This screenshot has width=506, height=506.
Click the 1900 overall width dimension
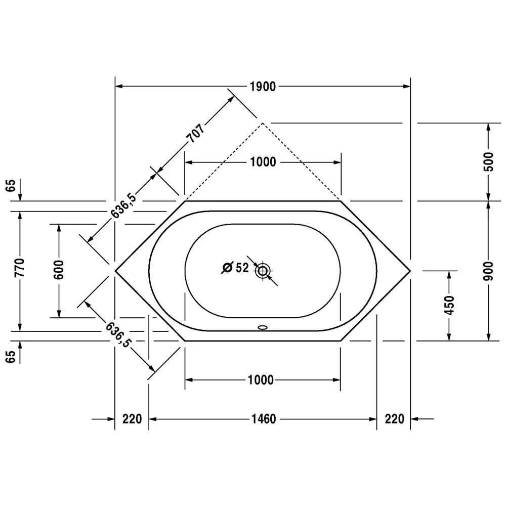263,87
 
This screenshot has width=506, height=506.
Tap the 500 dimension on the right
489,162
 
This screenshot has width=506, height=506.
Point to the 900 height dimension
489,271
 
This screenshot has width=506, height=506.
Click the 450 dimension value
449,305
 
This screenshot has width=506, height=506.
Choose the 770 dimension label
20,268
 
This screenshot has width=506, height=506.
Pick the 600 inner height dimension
59,270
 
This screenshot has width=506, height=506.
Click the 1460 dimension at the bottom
264,419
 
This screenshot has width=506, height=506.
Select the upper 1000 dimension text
263,162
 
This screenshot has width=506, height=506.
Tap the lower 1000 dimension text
261,380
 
